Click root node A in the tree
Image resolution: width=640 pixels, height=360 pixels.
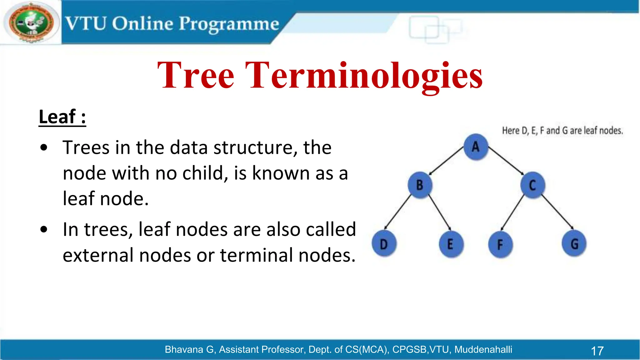pyautogui.click(x=476, y=147)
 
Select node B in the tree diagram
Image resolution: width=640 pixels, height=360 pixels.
pyautogui.click(x=420, y=185)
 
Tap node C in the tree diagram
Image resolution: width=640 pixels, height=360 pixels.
pyautogui.click(x=532, y=185)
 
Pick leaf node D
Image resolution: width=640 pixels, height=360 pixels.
pyautogui.click(x=384, y=244)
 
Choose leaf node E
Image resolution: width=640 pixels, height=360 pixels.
pyautogui.click(x=450, y=244)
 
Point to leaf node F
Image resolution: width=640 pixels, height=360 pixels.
pyautogui.click(x=500, y=244)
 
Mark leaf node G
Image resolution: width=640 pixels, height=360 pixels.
pyautogui.click(x=574, y=244)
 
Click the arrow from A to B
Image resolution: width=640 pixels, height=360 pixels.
pyautogui.click(x=446, y=161)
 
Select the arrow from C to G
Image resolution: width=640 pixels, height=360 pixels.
pyautogui.click(x=557, y=212)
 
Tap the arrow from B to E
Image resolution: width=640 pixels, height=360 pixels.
pyautogui.click(x=439, y=212)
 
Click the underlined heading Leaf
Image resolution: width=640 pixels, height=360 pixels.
pyautogui.click(x=62, y=117)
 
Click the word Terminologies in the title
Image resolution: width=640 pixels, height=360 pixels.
pyautogui.click(x=364, y=75)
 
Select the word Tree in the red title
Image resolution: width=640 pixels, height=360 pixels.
pyautogui.click(x=196, y=75)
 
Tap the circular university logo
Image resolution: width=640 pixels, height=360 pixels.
pyautogui.click(x=31, y=23)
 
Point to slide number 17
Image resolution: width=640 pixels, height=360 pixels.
pyautogui.click(x=597, y=351)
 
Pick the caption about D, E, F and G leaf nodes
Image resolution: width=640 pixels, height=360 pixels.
pyautogui.click(x=562, y=131)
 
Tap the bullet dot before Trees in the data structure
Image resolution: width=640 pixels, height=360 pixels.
pyautogui.click(x=44, y=148)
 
